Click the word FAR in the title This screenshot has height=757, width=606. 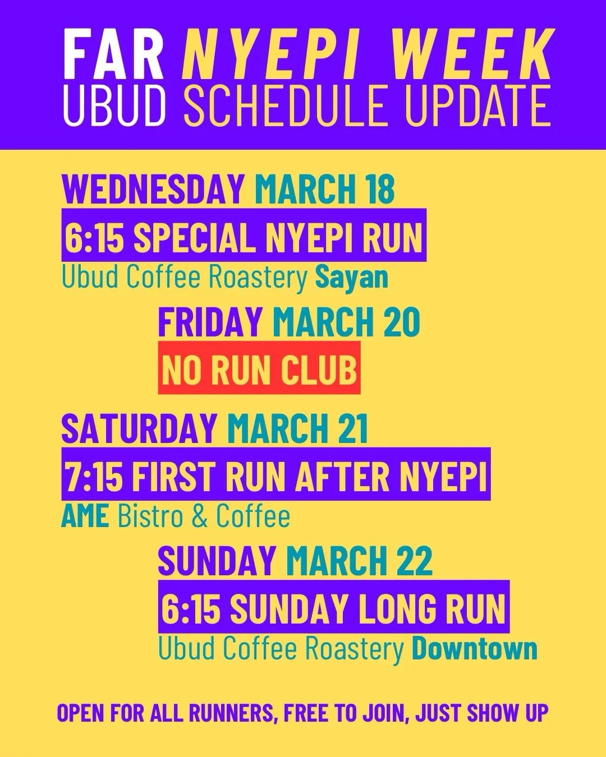[x=113, y=54]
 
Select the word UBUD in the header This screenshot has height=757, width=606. [x=114, y=105]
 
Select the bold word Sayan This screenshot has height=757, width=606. [x=351, y=279]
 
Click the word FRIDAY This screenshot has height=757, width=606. [x=210, y=321]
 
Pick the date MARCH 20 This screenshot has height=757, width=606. [x=346, y=321]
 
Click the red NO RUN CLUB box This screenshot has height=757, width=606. [x=259, y=367]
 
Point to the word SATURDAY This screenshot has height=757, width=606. [x=139, y=428]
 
